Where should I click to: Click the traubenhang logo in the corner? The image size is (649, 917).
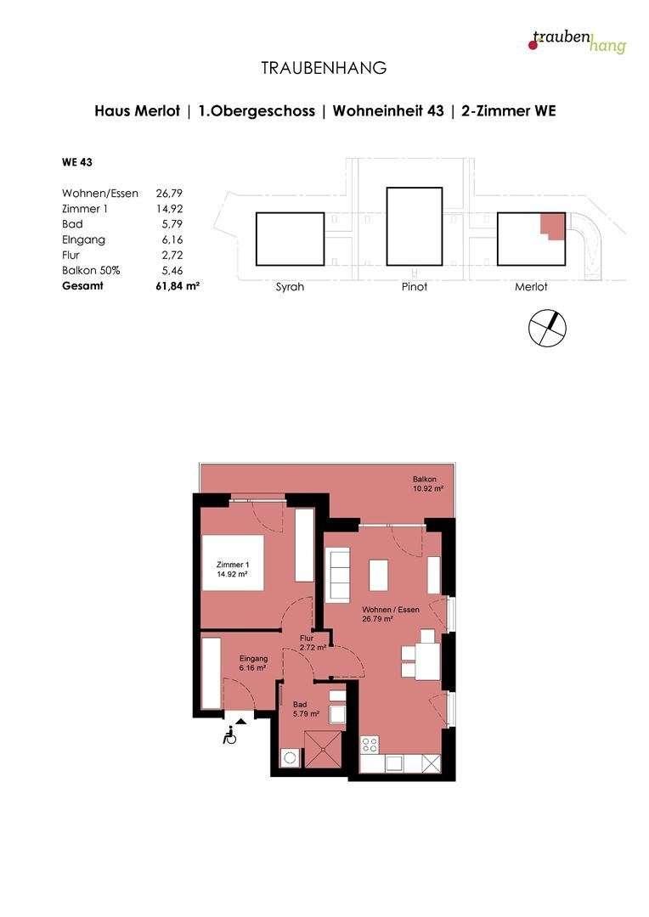point(577,40)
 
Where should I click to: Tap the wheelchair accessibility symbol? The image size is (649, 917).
point(229,737)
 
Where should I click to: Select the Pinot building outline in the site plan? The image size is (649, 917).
point(415,230)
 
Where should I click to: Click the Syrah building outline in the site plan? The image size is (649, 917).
point(290,239)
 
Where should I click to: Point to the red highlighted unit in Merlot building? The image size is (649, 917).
point(552,226)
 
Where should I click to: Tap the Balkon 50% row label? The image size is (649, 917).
point(91,271)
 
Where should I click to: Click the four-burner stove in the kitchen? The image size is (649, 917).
point(370,745)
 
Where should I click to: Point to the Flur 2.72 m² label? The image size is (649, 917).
point(307,643)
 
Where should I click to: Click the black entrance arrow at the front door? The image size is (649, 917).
point(241,721)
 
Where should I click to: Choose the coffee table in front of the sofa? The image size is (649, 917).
point(379,575)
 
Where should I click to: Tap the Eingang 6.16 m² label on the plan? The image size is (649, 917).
point(253,663)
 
